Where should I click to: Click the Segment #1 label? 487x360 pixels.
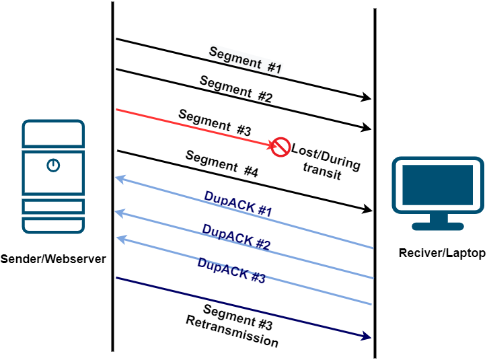[x=245, y=60]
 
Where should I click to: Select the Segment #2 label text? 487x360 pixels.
[x=236, y=89]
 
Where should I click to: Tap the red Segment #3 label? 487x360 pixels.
[x=215, y=122]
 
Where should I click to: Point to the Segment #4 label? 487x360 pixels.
[x=221, y=164]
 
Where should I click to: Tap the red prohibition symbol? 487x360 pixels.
[x=279, y=147]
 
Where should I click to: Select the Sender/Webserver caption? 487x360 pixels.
[x=53, y=258]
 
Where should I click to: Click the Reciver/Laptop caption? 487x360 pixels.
[x=441, y=253]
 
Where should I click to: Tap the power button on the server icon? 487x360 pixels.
[x=52, y=165]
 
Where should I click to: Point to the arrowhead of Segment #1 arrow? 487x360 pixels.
[x=367, y=98]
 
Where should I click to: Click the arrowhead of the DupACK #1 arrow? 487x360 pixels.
[x=119, y=179]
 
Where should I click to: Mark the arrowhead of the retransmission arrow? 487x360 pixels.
[x=367, y=336]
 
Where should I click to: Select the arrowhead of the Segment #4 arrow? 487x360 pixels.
[x=367, y=209]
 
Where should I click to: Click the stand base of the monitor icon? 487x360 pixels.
[x=438, y=225]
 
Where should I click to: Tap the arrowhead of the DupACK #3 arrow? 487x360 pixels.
[x=119, y=238]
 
